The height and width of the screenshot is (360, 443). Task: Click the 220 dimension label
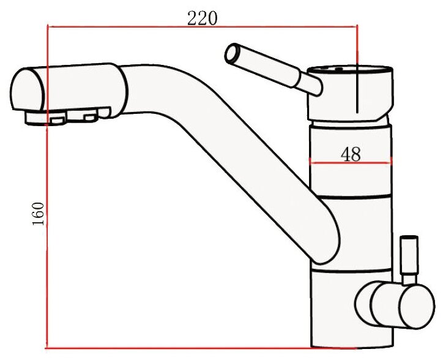[203, 18]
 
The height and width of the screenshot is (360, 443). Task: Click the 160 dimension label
[38, 214]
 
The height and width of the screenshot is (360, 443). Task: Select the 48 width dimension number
[351, 154]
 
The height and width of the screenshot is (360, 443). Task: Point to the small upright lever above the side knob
[409, 260]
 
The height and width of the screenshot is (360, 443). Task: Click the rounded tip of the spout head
[27, 89]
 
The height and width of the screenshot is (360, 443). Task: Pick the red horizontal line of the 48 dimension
[351, 163]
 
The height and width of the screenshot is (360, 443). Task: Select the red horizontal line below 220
[203, 27]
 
